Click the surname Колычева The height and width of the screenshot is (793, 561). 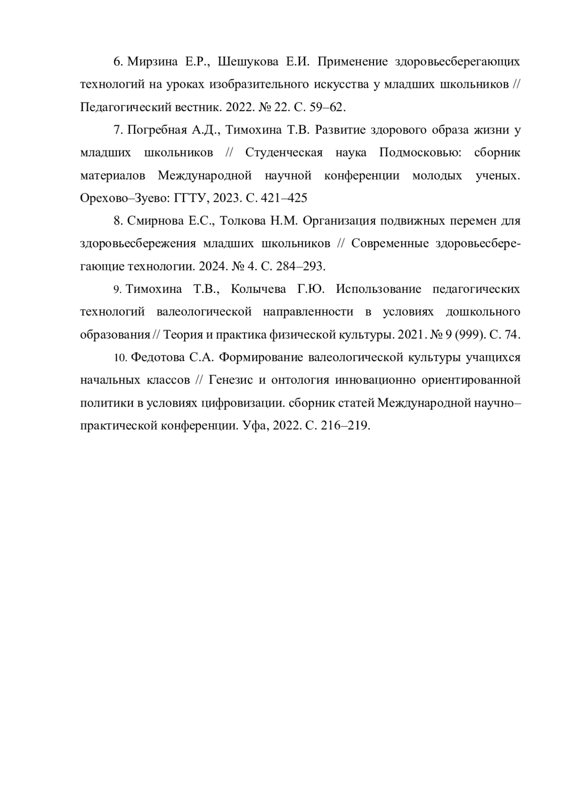(x=259, y=289)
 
